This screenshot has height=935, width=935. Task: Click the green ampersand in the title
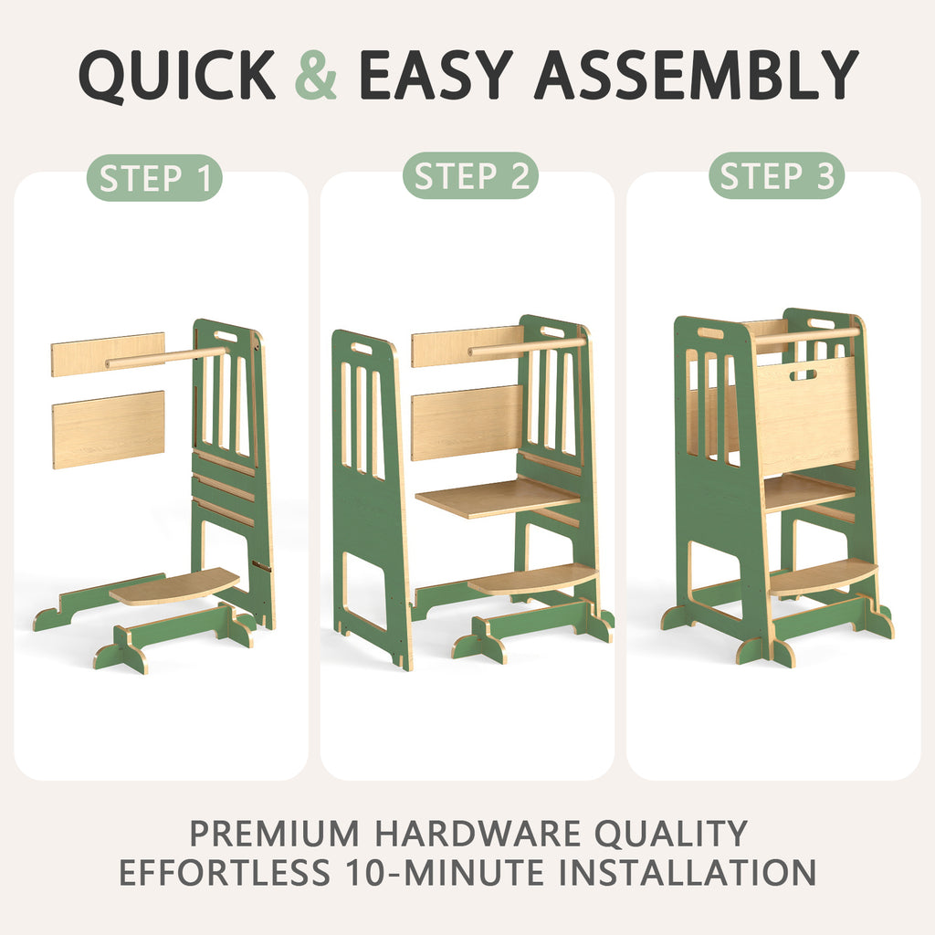point(315,75)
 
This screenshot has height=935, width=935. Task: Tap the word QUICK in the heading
point(177,76)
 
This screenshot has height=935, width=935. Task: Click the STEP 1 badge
point(155,178)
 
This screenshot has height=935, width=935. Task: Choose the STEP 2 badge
point(470,176)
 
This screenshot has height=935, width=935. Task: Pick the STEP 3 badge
point(776,176)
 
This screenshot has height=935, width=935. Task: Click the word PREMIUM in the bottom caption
point(274,833)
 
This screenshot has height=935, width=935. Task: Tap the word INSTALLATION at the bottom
point(687,872)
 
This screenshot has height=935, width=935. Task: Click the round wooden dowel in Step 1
point(166,357)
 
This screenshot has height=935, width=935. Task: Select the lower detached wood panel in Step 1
point(109,429)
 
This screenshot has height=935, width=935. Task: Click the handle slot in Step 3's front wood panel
point(804,375)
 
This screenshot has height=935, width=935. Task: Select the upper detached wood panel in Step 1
point(108,354)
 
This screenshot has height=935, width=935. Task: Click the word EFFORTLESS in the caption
point(225,872)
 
